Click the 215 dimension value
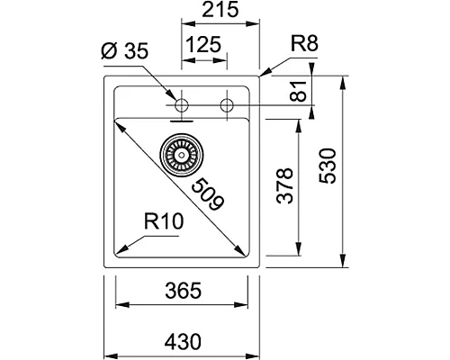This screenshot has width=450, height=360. coord(220,12)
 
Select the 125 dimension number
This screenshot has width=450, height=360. coord(204,44)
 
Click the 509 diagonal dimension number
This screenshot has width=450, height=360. coord(206,191)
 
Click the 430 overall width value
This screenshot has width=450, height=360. coord(183,343)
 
